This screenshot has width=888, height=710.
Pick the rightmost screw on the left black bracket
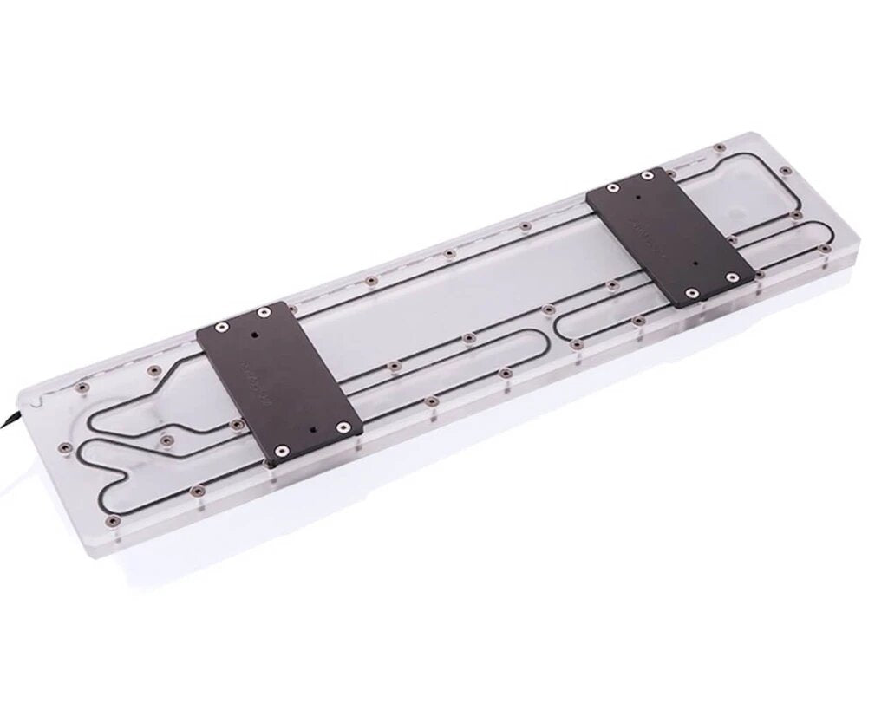coord(344,426)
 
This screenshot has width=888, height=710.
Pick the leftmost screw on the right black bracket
coord(613,187)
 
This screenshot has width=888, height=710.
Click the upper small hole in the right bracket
coord(640,198)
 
